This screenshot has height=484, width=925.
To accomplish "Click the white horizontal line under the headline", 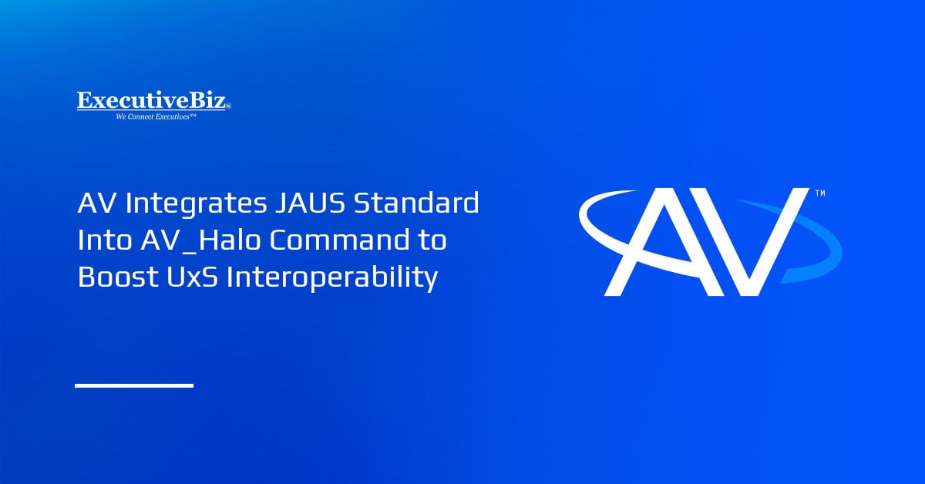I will tap(133, 385).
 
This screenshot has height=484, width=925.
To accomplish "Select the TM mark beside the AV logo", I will tap(819, 193).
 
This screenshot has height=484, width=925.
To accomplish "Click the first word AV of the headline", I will tap(94, 205).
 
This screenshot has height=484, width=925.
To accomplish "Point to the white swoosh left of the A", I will tap(597, 224).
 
